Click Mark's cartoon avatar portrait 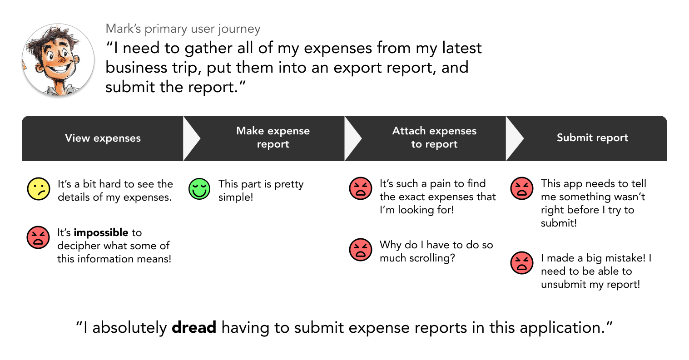pos(58,60)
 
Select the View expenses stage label pos(103,138)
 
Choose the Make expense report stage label pos(273,138)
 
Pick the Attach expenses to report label pos(434,138)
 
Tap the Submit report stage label pos(592,138)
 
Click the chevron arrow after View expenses pos(191,138)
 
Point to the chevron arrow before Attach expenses pos(352,138)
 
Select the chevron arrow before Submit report pos(514,138)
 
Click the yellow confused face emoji pos(39,189)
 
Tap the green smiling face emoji pos(199,189)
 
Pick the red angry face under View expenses pos(38,237)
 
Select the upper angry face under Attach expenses pos(361,188)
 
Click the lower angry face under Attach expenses pos(361,250)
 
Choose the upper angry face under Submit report pos(522,188)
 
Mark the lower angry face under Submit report pos(522,263)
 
